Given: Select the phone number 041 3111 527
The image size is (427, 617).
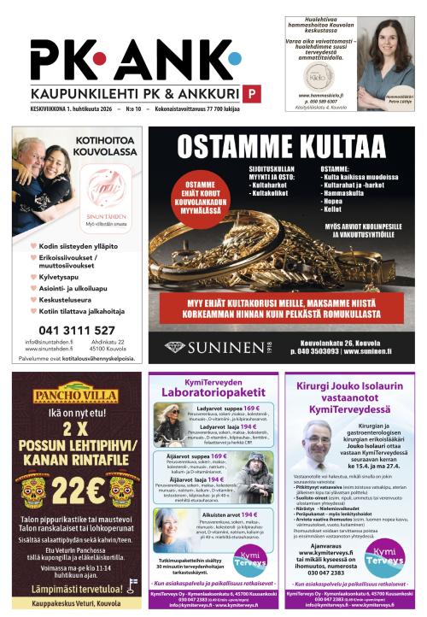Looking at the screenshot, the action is tap(77, 330).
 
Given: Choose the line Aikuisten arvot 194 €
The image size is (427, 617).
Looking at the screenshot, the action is tap(230, 515).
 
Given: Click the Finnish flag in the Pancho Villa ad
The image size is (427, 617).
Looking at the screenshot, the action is tap(133, 587).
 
